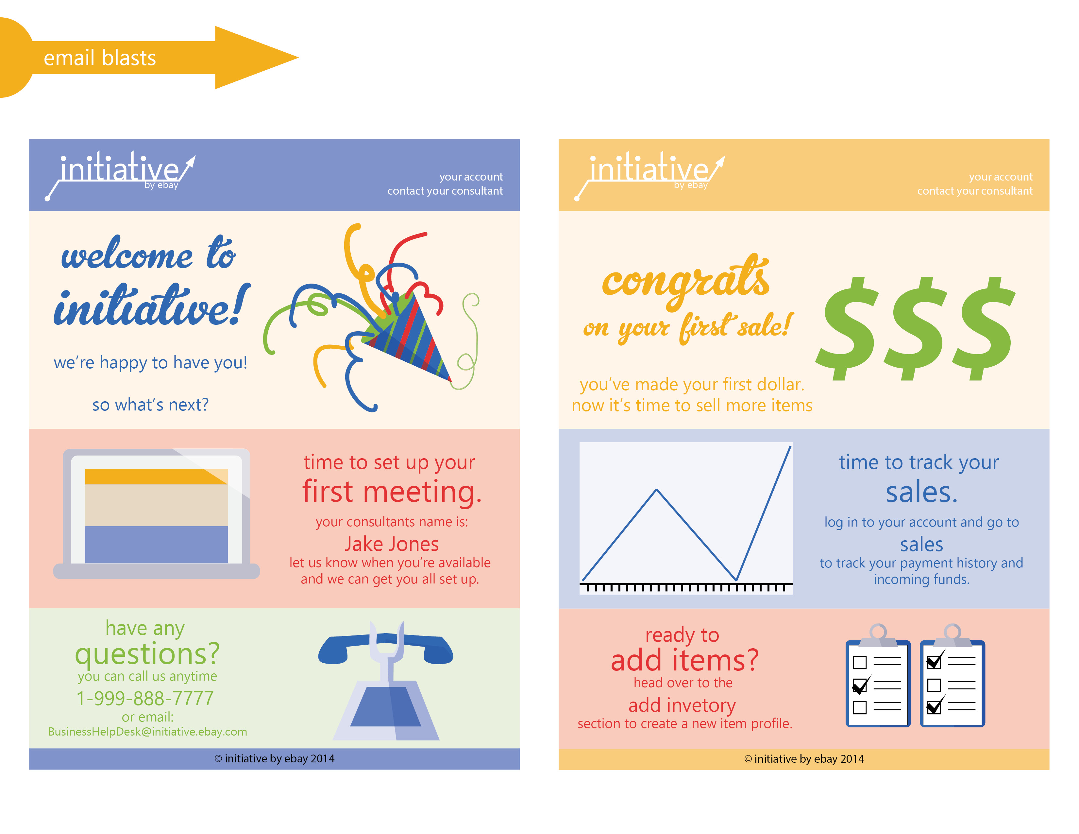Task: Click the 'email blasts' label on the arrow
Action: [100, 58]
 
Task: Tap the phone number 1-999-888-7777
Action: [145, 698]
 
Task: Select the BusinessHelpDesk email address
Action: [148, 732]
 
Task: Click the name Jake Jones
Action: [391, 544]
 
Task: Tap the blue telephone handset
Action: [385, 648]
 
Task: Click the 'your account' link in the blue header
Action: [471, 177]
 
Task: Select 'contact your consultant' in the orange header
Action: [975, 191]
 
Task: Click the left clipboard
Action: [878, 677]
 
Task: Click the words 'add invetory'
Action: [682, 705]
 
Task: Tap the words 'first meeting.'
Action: [392, 492]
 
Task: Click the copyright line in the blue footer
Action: [275, 759]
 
